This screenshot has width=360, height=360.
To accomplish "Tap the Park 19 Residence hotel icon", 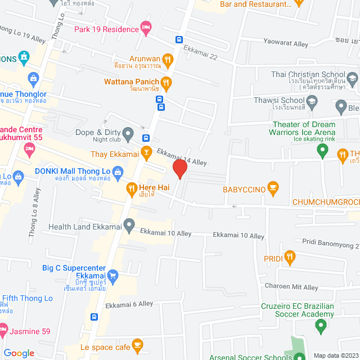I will [x=146, y=29].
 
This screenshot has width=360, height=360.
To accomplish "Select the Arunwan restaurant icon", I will [x=168, y=59].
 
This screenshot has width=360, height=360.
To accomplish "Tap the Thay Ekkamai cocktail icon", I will [x=146, y=151].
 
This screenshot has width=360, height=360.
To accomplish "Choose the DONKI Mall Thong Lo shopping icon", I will [x=118, y=172].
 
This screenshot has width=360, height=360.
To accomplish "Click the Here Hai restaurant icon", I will [x=131, y=189].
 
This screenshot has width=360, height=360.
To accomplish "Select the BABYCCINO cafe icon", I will [x=273, y=189].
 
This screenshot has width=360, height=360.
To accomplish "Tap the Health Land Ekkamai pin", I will [x=129, y=226].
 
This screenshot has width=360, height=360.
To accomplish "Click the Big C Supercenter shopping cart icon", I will [x=112, y=276].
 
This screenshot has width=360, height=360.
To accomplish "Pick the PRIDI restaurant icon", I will [x=289, y=258].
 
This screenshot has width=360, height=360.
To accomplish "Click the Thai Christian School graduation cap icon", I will [x=352, y=79].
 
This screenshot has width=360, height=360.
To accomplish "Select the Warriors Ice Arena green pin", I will [x=322, y=150].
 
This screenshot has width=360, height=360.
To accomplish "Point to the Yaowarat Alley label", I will [x=286, y=43].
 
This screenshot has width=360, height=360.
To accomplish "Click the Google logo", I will [x=19, y=353].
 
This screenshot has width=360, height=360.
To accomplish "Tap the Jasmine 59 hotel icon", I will [x=3, y=327].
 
